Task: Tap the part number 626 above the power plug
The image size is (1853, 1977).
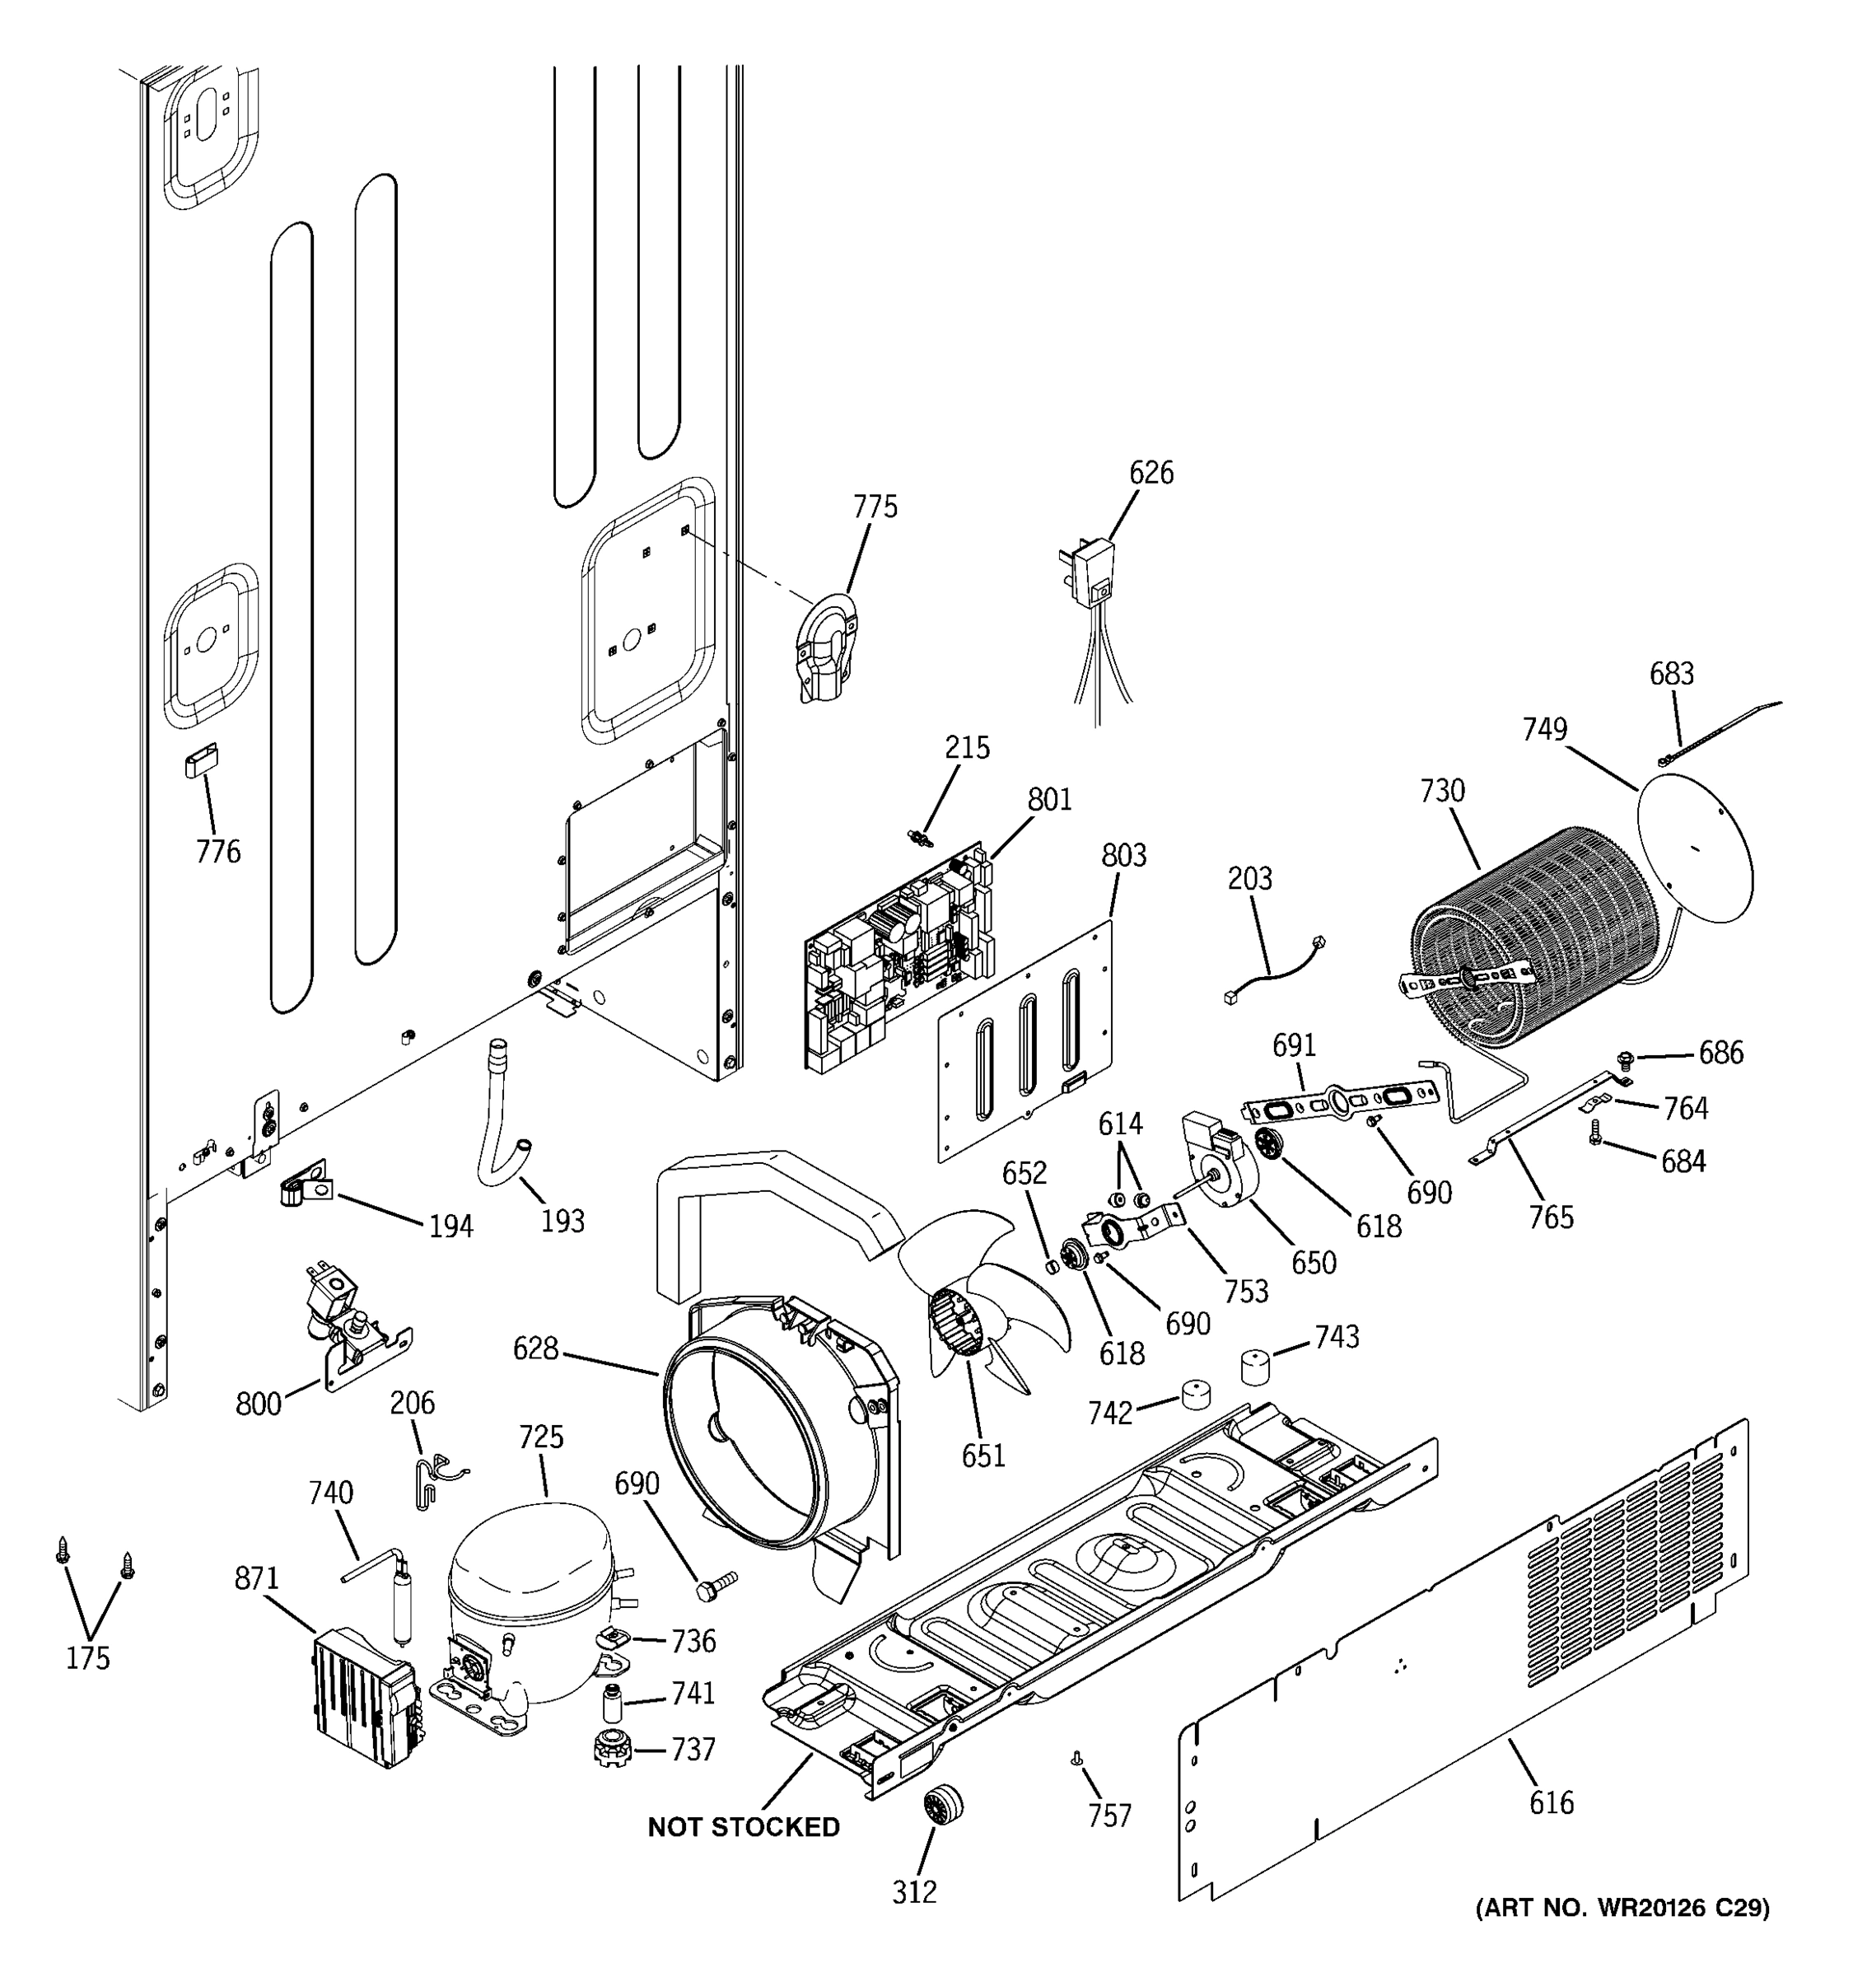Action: point(1151,472)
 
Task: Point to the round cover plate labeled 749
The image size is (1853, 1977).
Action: point(1694,846)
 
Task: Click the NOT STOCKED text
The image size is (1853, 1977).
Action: point(743,1827)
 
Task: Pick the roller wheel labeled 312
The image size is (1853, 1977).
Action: point(942,1802)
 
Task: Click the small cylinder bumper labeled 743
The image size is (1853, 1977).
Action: point(1257,1367)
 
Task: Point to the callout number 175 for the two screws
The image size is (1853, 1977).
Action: point(87,1657)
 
